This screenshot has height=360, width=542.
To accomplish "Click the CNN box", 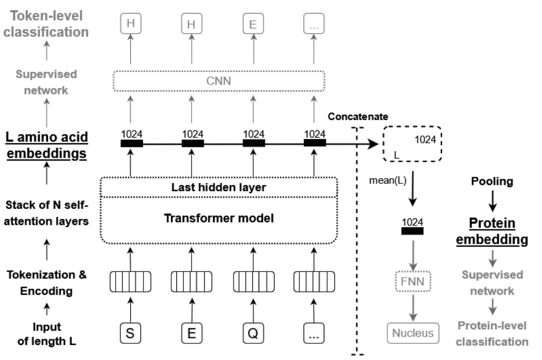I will click(x=220, y=81).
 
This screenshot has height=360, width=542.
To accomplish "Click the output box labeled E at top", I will click(x=252, y=24).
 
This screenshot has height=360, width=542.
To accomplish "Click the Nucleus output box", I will click(x=412, y=333).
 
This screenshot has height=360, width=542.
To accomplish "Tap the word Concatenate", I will click(x=358, y=116).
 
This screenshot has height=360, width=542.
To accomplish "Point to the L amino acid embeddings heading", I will click(x=47, y=145).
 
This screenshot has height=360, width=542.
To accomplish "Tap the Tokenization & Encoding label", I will click(x=47, y=282).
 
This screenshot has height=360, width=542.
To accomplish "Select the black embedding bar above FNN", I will click(x=412, y=231).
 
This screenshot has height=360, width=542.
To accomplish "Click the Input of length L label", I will click(x=47, y=333).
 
